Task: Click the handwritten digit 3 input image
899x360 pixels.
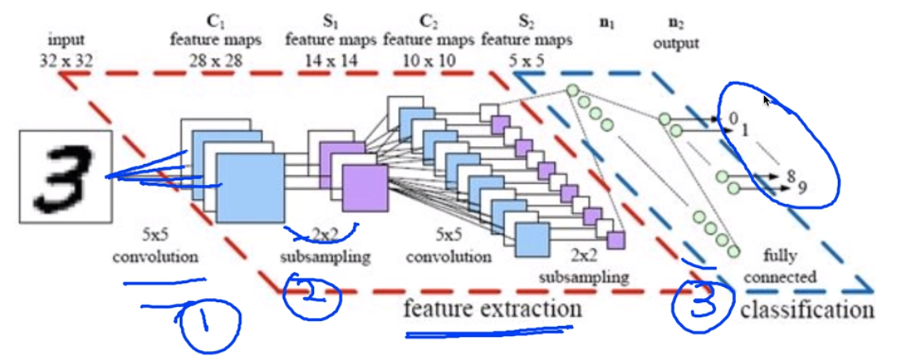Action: click(67, 174)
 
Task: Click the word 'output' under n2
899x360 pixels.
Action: click(675, 44)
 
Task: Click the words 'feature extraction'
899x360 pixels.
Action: click(492, 308)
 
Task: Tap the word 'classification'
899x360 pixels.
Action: click(807, 309)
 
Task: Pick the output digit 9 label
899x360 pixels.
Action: click(804, 189)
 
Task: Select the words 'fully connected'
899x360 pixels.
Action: click(789, 266)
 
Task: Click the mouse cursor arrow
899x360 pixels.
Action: click(767, 100)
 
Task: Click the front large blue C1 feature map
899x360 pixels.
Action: click(250, 188)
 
